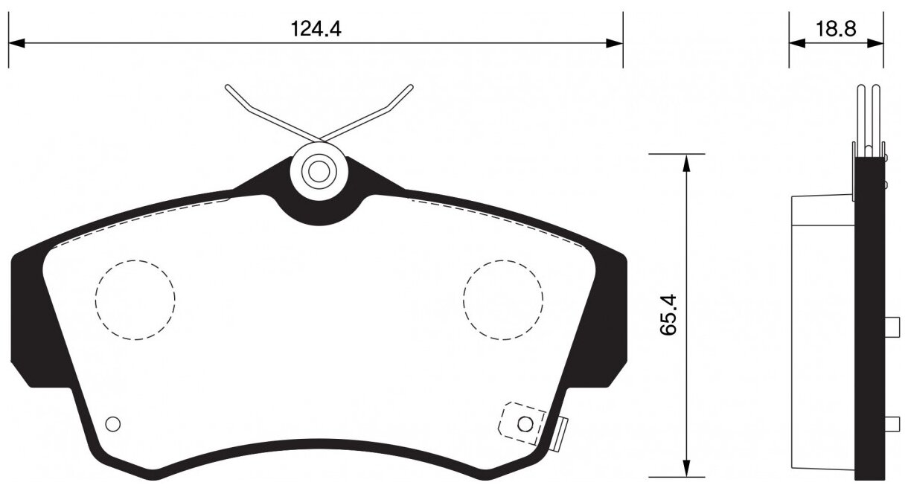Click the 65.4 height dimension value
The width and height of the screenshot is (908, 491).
coord(668,315)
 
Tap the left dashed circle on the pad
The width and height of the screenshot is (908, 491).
coord(135,300)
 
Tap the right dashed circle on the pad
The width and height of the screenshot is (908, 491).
coord(503,300)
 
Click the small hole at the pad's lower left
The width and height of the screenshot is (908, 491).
coord(113,424)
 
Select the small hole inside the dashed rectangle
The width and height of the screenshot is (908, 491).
coord(525,424)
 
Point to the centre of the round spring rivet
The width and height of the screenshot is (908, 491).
coord(319,172)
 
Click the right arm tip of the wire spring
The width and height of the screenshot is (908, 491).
coord(409,88)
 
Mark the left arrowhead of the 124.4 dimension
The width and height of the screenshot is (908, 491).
coord(16,44)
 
